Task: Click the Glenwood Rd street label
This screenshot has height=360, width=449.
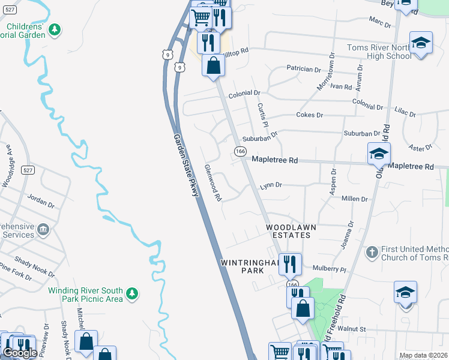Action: pyautogui.click(x=213, y=183)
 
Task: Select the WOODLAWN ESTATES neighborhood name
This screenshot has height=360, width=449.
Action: pyautogui.click(x=289, y=232)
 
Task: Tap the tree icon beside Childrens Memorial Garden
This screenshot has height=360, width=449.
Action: pyautogui.click(x=55, y=29)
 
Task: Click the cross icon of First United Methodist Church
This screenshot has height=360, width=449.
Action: pyautogui.click(x=372, y=252)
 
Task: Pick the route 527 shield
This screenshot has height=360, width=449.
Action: pyautogui.click(x=27, y=170)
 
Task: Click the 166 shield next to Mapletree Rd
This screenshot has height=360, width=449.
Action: pyautogui.click(x=240, y=152)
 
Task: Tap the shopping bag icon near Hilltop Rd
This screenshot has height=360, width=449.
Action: pyautogui.click(x=213, y=65)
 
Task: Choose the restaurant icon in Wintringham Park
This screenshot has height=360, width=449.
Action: pyautogui.click(x=289, y=263)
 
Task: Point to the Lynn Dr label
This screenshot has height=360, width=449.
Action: pyautogui.click(x=271, y=186)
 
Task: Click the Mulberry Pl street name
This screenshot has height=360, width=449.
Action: pyautogui.click(x=327, y=271)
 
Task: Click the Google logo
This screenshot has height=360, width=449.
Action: pyautogui.click(x=20, y=353)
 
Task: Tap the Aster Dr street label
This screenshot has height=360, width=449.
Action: pyautogui.click(x=420, y=148)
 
